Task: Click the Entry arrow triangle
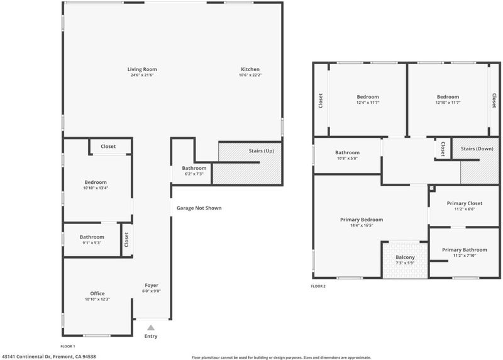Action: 151,328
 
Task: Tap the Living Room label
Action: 142,69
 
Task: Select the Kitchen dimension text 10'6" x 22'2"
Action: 250,75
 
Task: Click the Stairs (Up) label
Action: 262,150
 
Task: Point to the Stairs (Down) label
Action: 477,149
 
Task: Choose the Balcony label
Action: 405,257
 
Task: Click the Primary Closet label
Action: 465,203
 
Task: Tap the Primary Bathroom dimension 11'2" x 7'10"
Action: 465,256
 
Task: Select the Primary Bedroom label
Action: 362,220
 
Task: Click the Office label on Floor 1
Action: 97,293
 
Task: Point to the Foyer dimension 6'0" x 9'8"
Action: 152,291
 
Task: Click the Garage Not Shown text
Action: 199,208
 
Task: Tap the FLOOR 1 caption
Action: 68,346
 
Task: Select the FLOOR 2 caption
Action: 318,286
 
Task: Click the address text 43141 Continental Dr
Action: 26,356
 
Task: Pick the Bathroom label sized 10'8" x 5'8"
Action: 348,152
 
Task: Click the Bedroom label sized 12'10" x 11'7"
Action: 448,97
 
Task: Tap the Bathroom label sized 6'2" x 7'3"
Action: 194,168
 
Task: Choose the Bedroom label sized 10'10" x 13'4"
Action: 96,182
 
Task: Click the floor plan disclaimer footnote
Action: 281,357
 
